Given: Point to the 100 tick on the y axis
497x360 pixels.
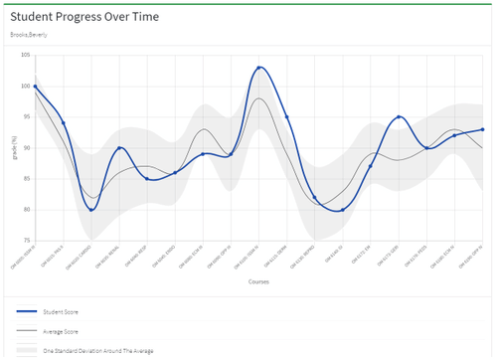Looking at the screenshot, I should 26,87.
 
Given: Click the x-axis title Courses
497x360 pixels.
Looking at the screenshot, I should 258,281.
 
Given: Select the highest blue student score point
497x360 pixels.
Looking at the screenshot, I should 259,68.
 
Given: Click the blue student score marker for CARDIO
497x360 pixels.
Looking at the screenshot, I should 91,210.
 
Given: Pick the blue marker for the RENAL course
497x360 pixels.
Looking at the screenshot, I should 119,148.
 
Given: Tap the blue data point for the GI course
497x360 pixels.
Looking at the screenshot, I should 343,210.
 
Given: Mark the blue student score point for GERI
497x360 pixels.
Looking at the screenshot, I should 399,117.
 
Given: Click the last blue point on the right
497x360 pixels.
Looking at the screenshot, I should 482,129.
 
